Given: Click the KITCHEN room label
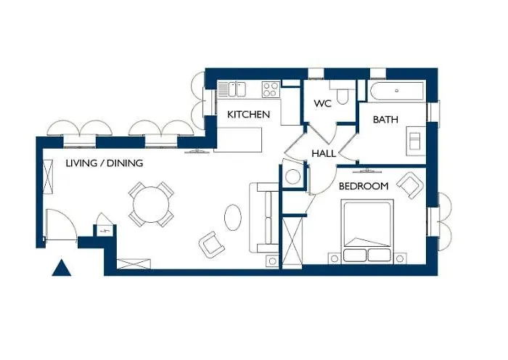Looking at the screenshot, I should pos(248,115).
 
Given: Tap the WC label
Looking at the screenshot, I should pos(322,104).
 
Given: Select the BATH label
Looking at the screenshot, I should pos(386,120).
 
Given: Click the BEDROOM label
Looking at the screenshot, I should pos(364,187).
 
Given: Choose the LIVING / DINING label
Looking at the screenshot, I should pos(104,163).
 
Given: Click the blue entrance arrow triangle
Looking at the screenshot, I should pos(62,269).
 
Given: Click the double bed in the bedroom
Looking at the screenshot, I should pos(368,231).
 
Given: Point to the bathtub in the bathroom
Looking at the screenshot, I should pos(396,92).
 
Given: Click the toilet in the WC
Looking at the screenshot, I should pos(345,97).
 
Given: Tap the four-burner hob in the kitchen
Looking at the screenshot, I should pos(271,89).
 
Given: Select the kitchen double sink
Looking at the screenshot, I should pos(233,89).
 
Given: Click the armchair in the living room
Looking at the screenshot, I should pos(211,245).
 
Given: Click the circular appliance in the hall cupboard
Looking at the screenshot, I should pos(293,176).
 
